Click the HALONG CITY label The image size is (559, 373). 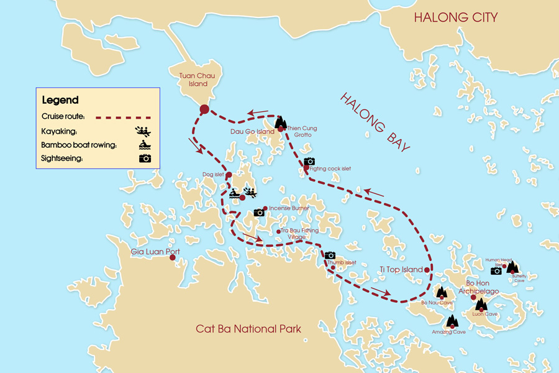coord(456,17)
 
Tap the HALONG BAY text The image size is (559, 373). coord(375,122)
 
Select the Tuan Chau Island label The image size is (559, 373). coord(194,80)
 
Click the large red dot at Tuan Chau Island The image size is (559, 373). coord(204,110)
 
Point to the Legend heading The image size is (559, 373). coord(60,100)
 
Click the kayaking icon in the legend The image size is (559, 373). coord(143,131)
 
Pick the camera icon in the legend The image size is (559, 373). coord(144,158)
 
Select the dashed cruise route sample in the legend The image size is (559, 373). coord(125,116)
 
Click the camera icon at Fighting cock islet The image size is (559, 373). coord(309,162)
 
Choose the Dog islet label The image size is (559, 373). coord(212,175)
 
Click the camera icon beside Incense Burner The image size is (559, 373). coord(259,213)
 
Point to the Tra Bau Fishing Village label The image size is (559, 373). coord(299,234)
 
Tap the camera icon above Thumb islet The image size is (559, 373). coord(330,255)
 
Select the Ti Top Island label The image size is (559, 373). coord(400,270)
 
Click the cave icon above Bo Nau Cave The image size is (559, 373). coord(442,292)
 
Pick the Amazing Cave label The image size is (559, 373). coord(448,332)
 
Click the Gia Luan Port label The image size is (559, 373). coord(155,252)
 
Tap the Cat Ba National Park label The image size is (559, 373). coord(248,329)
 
